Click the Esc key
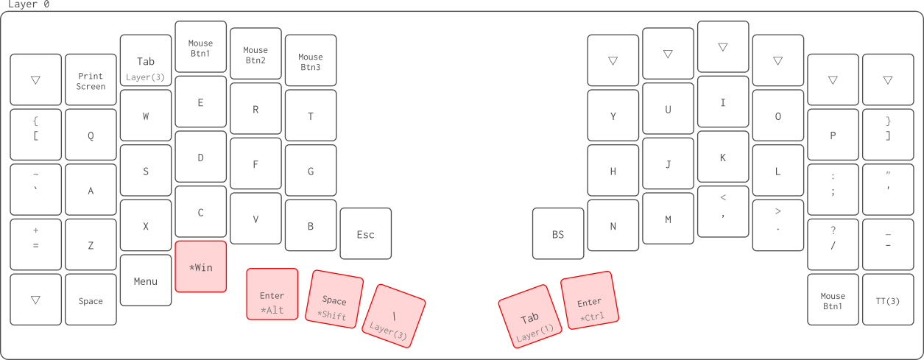(x=366, y=234)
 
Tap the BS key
(x=558, y=234)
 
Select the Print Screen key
(x=91, y=80)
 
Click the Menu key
(x=146, y=280)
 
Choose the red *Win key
(x=201, y=267)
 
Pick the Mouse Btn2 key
(x=255, y=54)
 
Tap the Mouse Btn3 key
(x=311, y=61)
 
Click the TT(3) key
(x=888, y=300)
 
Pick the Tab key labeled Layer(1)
(x=530, y=321)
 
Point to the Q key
(x=91, y=135)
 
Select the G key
(x=311, y=171)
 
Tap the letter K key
(x=723, y=157)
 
